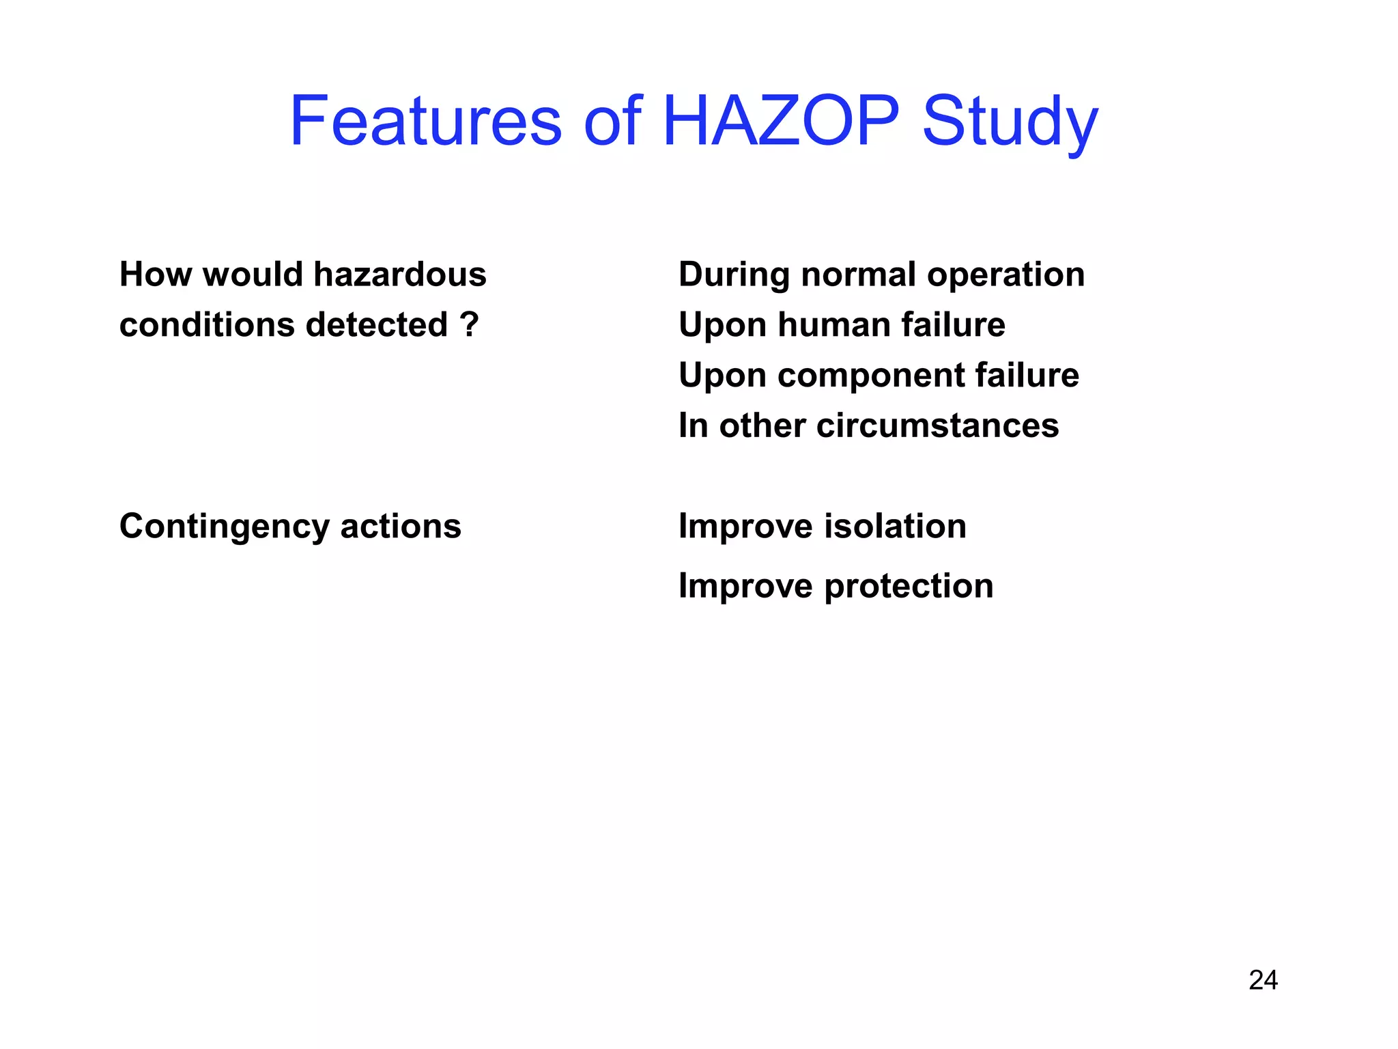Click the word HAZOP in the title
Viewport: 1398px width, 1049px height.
(781, 122)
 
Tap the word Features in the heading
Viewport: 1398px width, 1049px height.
(425, 122)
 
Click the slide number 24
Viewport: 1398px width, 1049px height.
(1263, 980)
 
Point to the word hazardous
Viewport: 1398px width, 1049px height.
(399, 275)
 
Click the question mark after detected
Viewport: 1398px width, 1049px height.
(470, 324)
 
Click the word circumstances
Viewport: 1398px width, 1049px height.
(937, 425)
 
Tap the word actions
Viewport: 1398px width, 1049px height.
(401, 527)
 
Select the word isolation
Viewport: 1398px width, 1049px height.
(895, 527)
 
